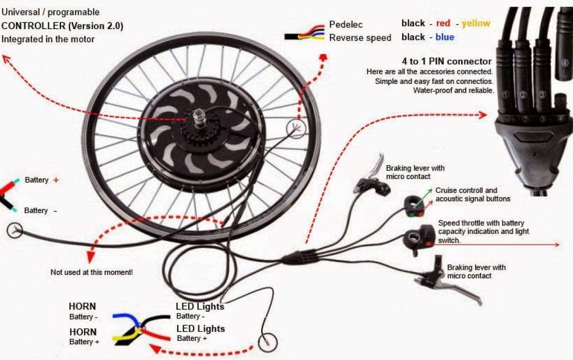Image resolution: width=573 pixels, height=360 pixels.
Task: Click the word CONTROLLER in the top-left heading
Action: pos(31,26)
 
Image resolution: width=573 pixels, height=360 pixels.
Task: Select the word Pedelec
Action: pos(346,24)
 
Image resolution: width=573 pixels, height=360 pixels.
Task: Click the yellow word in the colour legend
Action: pos(476,23)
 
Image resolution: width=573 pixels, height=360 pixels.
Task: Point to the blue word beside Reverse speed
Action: pos(445,37)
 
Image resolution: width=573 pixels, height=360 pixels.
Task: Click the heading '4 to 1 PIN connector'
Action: pos(447,61)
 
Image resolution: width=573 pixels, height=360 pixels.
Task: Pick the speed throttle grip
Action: pos(418,239)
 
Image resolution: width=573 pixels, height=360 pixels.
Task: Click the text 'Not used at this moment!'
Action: pos(92,272)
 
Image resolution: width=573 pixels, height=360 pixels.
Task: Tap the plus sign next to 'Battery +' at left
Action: pos(56,180)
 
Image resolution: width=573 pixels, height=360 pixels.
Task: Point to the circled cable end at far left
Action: pos(15,231)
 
